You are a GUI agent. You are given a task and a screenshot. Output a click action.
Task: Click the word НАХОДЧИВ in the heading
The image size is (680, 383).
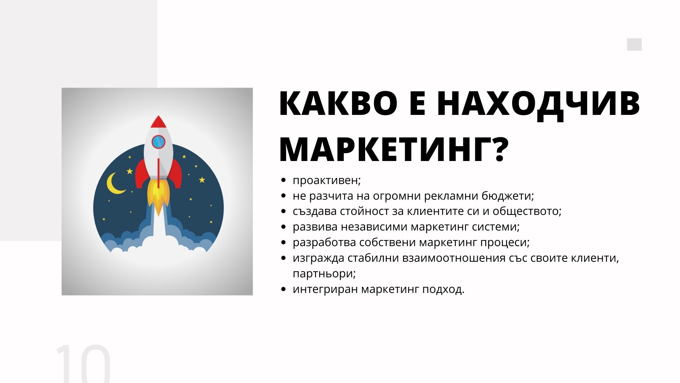538,104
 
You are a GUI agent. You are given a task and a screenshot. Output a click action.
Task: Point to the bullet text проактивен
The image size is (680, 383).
325,181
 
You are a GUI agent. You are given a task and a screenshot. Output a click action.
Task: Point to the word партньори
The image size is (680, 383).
323,274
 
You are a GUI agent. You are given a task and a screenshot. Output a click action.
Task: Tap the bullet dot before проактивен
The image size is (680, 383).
283,181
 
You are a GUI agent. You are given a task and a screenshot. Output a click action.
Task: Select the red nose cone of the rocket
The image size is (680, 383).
158,122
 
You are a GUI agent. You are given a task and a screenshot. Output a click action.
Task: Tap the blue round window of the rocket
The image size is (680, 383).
158,142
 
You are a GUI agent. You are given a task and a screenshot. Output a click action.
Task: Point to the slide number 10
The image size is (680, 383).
84,363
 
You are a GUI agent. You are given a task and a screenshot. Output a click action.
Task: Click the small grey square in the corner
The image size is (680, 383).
634,45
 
